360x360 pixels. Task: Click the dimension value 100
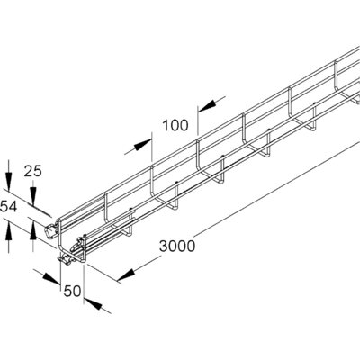coord(175,125)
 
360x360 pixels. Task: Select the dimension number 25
coord(33,172)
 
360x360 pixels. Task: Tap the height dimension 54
coord(8,207)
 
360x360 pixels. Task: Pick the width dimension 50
coord(72,291)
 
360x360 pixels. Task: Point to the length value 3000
coord(177,247)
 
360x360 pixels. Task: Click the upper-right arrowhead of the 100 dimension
coord(207,104)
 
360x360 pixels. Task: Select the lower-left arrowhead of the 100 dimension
coord(142,145)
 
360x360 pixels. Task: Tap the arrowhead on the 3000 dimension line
coord(126,274)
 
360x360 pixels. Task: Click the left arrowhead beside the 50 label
coord(52,278)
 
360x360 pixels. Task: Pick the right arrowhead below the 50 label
coord(93,303)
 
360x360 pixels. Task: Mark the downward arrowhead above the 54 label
coord(8,182)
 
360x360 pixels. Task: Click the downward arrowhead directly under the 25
coord(33,197)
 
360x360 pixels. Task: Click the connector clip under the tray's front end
coord(65,258)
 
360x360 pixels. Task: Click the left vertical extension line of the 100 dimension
coord(152,148)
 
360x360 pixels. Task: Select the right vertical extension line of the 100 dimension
coord(198,121)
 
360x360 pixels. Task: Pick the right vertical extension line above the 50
coord(84,283)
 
